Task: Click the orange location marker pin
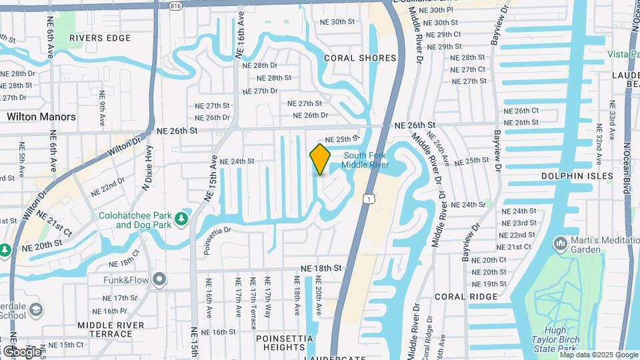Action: click(320, 159)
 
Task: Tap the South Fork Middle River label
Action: click(366, 161)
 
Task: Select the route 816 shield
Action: click(175, 5)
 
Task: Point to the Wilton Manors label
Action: click(41, 117)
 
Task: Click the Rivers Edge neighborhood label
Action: click(100, 38)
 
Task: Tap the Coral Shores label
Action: click(360, 58)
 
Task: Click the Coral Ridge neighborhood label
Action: click(467, 296)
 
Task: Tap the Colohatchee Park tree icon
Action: click(181, 219)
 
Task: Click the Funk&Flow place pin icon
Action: click(159, 279)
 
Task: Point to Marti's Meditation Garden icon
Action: click(560, 245)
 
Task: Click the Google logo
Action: click(21, 351)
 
